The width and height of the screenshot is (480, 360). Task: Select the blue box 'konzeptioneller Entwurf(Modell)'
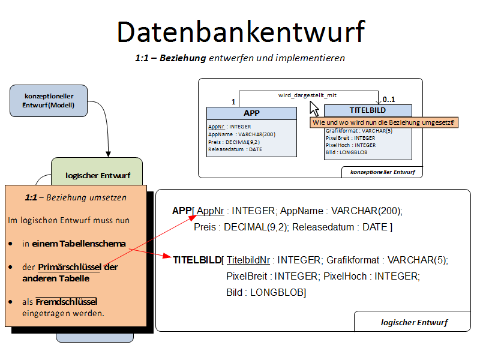(49, 101)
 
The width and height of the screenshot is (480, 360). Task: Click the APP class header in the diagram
(251, 113)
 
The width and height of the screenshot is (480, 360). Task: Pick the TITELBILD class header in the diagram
(368, 110)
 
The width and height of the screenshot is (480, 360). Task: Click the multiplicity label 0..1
(389, 99)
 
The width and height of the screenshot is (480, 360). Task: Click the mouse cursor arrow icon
(313, 109)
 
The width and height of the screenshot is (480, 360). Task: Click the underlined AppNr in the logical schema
(211, 211)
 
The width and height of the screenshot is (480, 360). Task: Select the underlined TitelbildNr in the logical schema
(248, 260)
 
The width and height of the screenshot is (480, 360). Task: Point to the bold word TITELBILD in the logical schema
(197, 260)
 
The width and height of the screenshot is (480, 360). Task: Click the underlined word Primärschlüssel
(70, 267)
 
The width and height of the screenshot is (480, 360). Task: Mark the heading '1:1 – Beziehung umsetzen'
(76, 197)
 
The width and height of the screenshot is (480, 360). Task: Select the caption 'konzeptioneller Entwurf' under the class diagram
(382, 172)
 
